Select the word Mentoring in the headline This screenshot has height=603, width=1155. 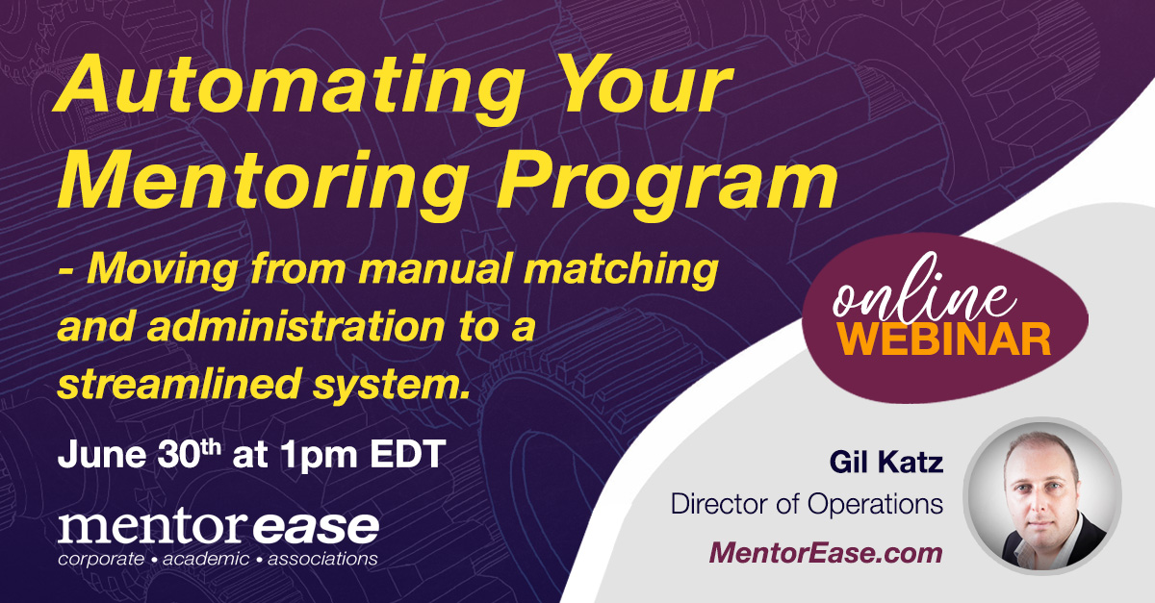(x=262, y=184)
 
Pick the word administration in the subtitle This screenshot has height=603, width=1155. (x=296, y=326)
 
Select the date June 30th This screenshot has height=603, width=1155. (x=140, y=454)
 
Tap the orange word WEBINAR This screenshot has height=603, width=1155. (x=944, y=339)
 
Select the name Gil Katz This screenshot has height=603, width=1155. (x=886, y=462)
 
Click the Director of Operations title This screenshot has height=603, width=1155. (x=807, y=504)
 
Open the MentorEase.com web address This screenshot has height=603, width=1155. (x=826, y=553)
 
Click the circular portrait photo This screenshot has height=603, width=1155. (x=1043, y=496)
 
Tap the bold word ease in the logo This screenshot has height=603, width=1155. (x=316, y=527)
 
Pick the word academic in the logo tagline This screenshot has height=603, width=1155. (x=206, y=559)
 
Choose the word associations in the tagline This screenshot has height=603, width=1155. (x=322, y=559)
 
